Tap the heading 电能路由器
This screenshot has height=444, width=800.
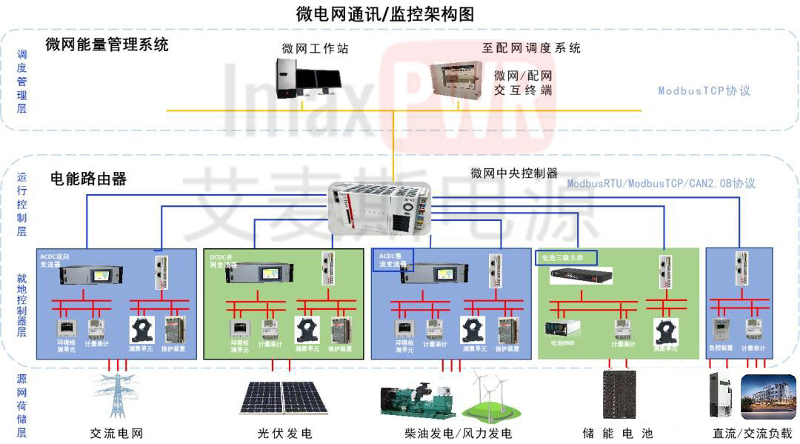click(88, 179)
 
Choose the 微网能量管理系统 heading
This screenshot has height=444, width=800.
click(107, 44)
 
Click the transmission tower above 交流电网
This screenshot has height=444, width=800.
click(116, 397)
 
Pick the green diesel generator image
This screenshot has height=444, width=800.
click(416, 400)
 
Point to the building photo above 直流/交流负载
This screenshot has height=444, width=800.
click(768, 397)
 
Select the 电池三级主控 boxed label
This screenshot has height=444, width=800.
click(565, 258)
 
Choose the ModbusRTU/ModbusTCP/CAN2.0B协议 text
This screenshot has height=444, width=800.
click(661, 183)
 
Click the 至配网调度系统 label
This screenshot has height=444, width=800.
click(531, 48)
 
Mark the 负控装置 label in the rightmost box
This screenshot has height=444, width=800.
click(721, 348)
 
